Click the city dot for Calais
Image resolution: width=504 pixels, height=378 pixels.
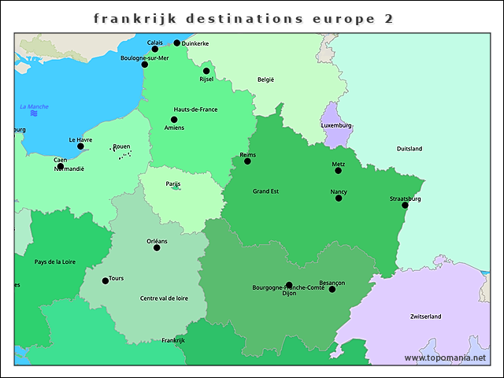click(154, 49)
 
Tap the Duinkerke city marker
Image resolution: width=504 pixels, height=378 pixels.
click(176, 43)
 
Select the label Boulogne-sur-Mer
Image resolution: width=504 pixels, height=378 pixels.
click(145, 57)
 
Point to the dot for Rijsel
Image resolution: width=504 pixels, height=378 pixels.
click(206, 71)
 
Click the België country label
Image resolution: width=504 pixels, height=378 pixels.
click(266, 80)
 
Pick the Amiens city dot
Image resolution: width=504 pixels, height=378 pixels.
click(174, 120)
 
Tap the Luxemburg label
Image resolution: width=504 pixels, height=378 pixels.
click(336, 125)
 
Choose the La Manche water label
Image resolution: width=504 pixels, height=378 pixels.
click(34, 107)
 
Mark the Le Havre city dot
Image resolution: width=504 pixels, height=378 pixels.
click(80, 146)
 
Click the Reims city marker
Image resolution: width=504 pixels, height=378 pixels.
click(247, 161)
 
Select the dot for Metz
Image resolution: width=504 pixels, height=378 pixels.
click(339, 171)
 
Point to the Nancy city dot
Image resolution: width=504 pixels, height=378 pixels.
click(339, 198)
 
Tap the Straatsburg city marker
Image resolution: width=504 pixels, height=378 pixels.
click(406, 206)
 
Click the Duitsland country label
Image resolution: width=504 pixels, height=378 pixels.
click(409, 149)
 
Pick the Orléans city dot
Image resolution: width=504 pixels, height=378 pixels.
click(157, 248)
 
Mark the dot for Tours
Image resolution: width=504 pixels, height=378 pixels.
click(106, 281)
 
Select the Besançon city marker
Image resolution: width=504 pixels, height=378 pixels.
click(332, 290)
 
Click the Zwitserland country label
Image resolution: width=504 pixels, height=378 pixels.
click(425, 317)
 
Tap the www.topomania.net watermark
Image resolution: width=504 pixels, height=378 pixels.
click(444, 358)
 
